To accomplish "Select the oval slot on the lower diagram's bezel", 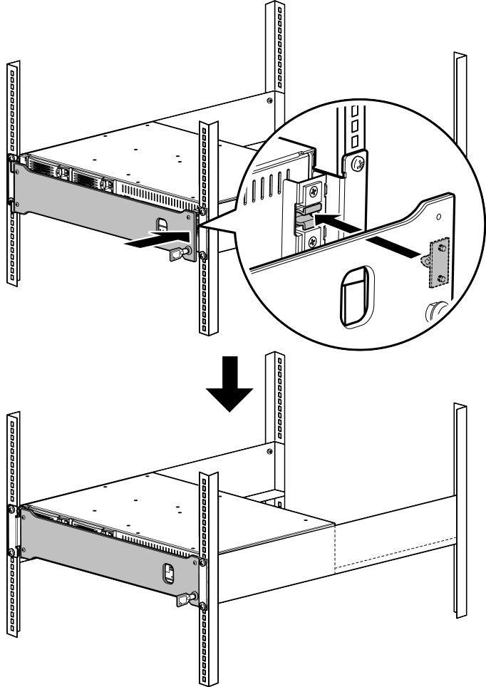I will [x=170, y=572].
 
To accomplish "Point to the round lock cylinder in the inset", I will [x=436, y=314].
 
